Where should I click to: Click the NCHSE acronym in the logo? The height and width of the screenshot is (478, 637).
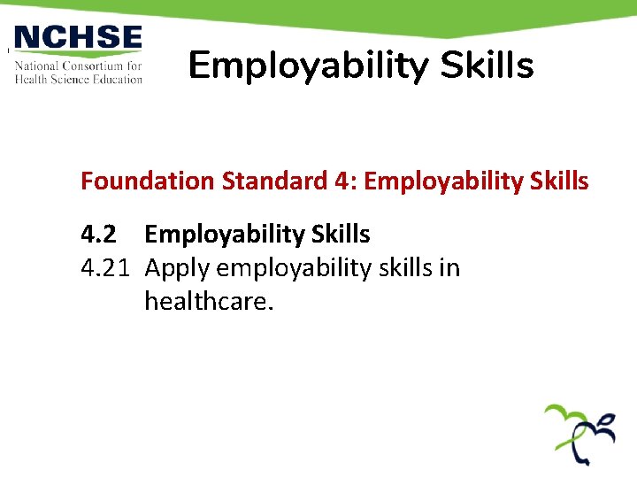(78, 39)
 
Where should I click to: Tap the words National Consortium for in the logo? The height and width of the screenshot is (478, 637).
(78, 66)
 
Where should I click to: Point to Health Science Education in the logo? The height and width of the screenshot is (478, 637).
(78, 79)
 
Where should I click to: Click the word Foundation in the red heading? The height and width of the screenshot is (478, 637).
(148, 181)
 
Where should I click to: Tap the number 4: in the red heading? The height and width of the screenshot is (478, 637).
(346, 181)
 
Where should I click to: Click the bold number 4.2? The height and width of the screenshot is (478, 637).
(98, 235)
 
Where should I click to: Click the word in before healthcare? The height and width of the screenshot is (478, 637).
(449, 268)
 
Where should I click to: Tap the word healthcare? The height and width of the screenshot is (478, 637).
(209, 302)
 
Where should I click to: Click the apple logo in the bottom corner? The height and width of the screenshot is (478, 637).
(579, 434)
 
